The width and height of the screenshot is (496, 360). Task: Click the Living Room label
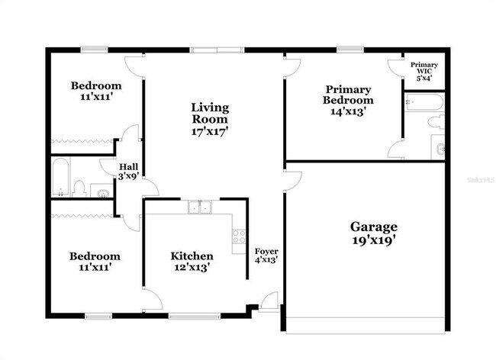210,112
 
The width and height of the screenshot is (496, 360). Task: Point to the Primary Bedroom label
348,94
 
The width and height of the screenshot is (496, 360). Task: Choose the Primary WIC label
424,69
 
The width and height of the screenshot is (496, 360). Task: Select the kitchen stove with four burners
238,236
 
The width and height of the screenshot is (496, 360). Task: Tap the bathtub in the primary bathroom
419,101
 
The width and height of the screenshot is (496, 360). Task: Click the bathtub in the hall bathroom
60,177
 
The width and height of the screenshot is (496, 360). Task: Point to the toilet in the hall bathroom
79,187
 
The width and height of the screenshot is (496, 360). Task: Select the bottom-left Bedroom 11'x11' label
95,262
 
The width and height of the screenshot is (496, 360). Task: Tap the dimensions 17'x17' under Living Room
210,131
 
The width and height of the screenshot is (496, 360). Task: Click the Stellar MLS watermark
479,180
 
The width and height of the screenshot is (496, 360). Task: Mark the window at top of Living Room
213,50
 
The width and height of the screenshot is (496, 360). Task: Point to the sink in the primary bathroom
439,149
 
